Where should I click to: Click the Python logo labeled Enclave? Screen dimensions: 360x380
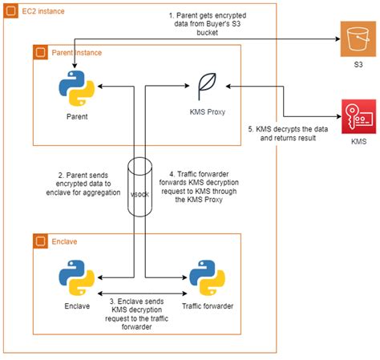coord(73,277)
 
